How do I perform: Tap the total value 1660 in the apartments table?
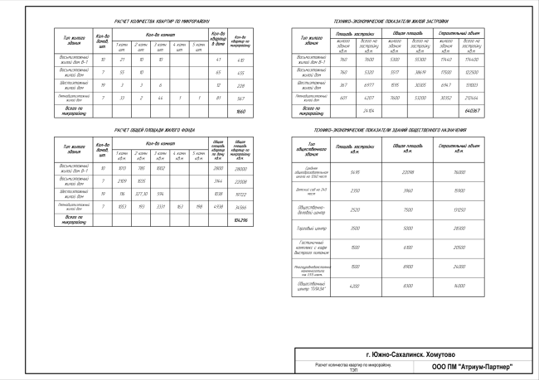coord(241,110)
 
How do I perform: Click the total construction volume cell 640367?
coord(473,109)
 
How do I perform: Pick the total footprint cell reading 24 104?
coord(370,109)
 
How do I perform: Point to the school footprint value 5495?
coord(358,171)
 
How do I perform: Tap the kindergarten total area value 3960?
coord(407,190)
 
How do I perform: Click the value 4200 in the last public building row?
coord(358,286)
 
